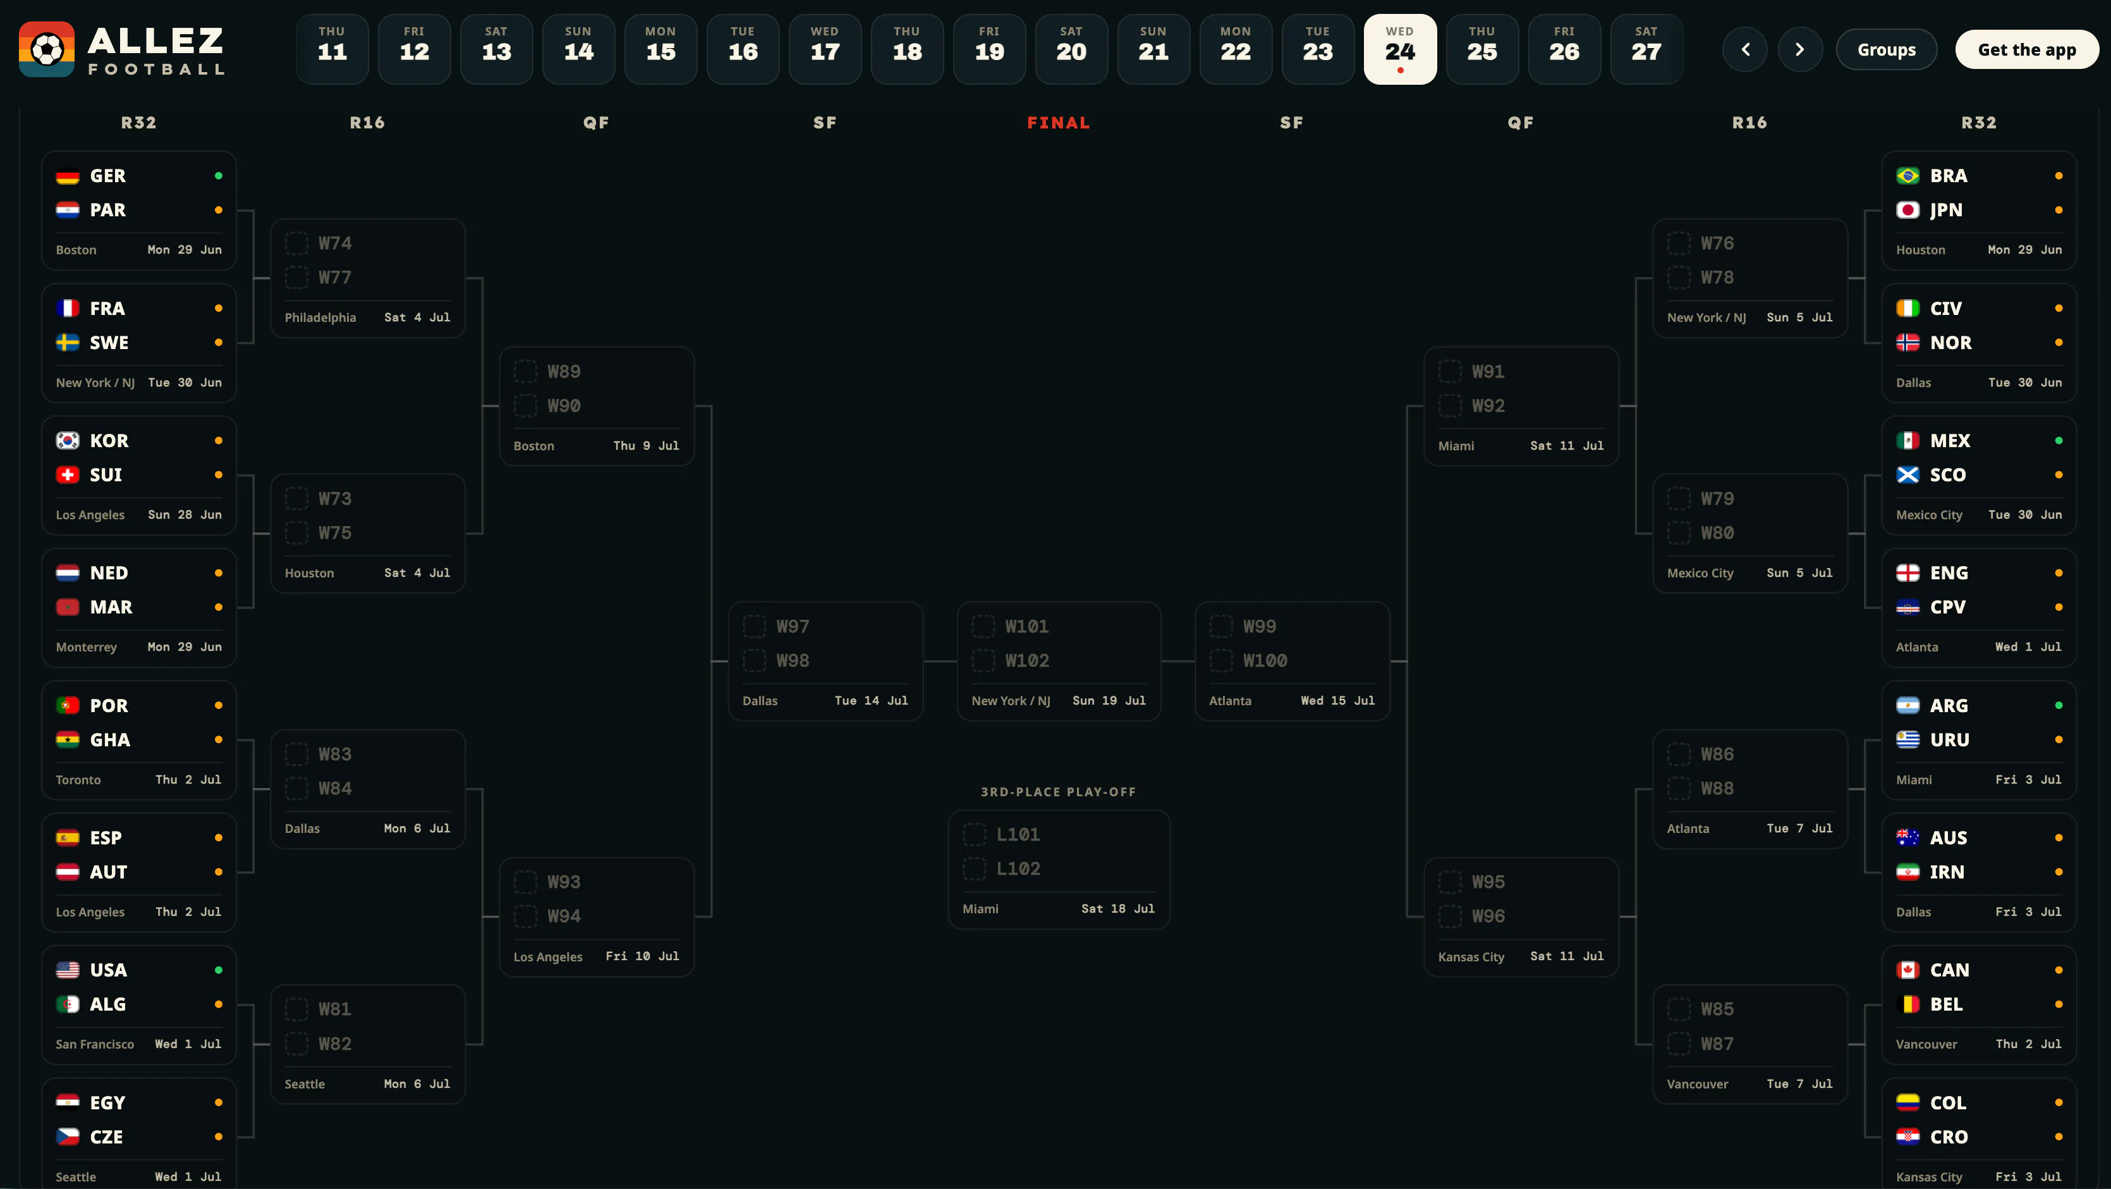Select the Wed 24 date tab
click(1400, 49)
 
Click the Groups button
click(1887, 50)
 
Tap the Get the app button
click(2026, 50)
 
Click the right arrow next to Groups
click(1799, 50)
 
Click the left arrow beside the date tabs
click(1746, 50)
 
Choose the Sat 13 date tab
click(497, 49)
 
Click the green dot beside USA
click(219, 970)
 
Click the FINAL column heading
click(1058, 123)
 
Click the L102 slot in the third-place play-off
click(1018, 868)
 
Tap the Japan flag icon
click(1907, 211)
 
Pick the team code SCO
click(1948, 475)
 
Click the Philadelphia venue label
click(320, 317)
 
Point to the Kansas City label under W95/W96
click(1471, 957)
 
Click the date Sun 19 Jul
click(1109, 700)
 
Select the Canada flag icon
click(1907, 970)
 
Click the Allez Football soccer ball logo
click(47, 49)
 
